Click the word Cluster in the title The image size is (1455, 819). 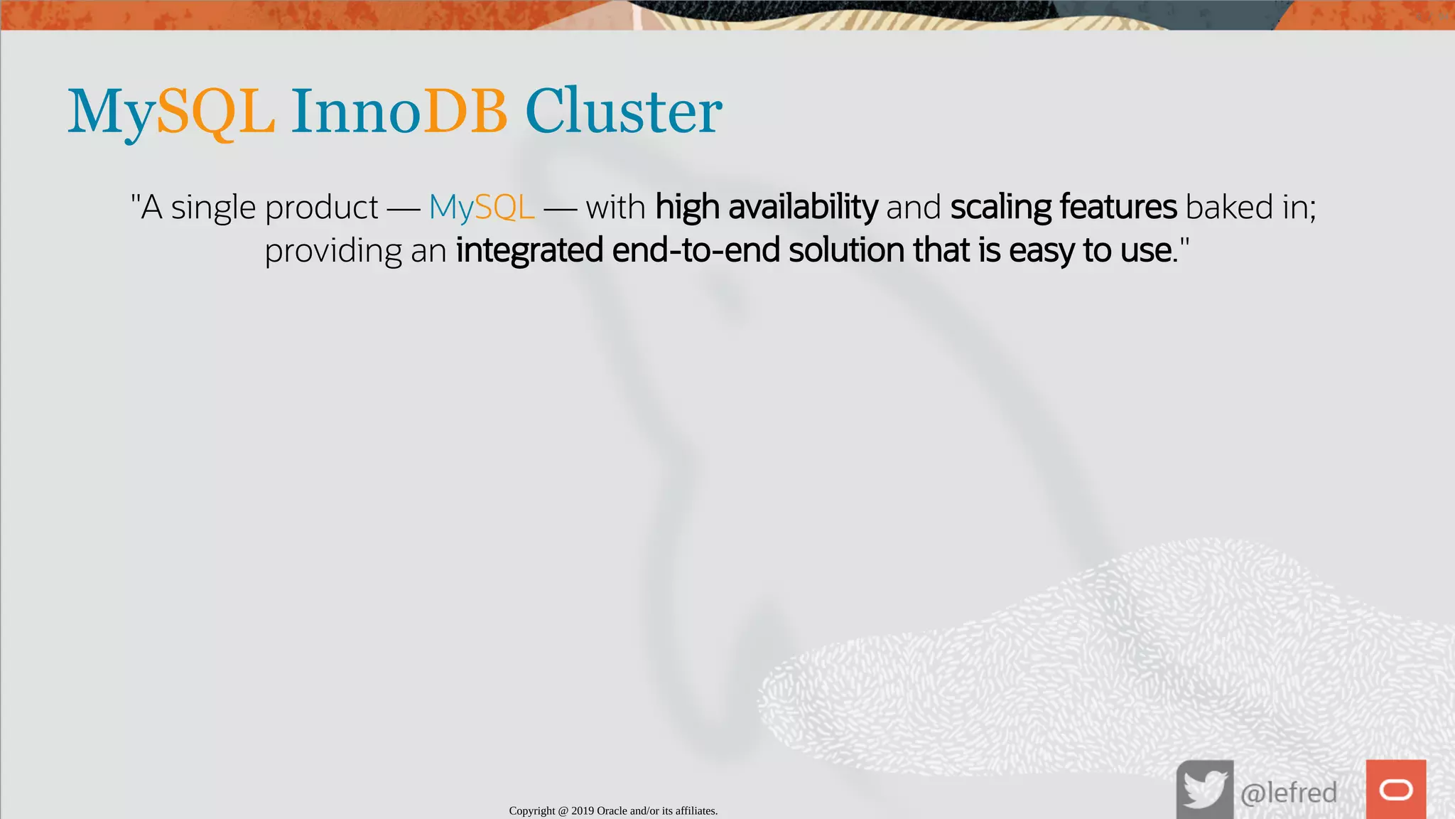pos(623,112)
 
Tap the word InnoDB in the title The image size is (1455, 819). pos(399,112)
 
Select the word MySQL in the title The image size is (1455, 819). pos(171,112)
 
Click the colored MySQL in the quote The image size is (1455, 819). pos(481,208)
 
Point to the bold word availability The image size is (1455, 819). pos(803,208)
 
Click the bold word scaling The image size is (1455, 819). pos(1000,208)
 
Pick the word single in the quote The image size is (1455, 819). pos(213,208)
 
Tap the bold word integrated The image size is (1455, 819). pos(529,251)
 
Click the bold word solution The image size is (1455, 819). pos(846,251)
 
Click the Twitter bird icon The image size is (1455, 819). pos(1204,790)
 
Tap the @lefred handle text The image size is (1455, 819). pos(1288,792)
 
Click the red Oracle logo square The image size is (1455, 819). pos(1395,790)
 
